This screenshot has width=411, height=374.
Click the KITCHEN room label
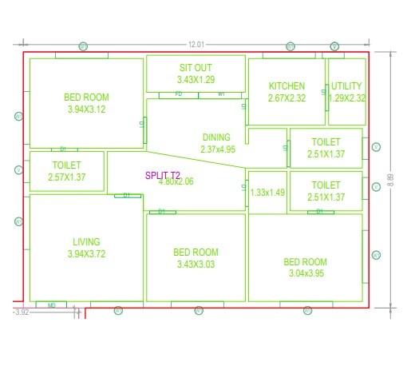click(287, 86)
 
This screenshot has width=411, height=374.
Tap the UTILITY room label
click(346, 86)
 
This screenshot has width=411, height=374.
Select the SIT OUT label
click(196, 68)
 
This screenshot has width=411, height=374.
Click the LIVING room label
click(86, 241)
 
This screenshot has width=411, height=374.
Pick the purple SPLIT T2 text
click(164, 175)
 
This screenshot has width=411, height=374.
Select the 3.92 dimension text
click(22, 312)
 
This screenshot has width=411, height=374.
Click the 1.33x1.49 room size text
click(267, 193)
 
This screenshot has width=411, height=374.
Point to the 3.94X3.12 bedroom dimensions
click(85, 110)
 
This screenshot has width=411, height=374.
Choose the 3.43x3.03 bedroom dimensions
click(196, 265)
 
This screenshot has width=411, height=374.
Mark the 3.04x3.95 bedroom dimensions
click(306, 273)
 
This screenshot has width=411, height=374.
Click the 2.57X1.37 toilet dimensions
click(67, 176)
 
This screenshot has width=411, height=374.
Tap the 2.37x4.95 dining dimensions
click(218, 149)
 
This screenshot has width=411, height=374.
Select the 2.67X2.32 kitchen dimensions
click(287, 98)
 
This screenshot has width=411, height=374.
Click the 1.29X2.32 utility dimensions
click(347, 98)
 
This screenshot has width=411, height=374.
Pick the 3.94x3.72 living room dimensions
click(85, 254)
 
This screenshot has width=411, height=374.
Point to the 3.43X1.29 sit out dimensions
click(196, 80)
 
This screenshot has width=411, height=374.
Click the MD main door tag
click(52, 305)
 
